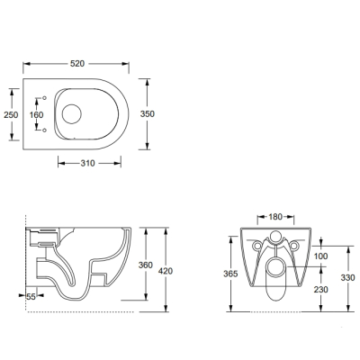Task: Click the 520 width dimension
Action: [x=77, y=64]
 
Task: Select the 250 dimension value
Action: [x=11, y=114]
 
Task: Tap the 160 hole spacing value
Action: [x=36, y=114]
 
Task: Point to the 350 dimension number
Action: [x=148, y=114]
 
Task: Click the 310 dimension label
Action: [x=87, y=163]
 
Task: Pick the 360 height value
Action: [x=146, y=265]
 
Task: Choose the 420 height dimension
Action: [x=166, y=271]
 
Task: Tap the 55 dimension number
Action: [x=31, y=297]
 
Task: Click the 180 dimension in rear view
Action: [x=275, y=217]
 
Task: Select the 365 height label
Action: [x=230, y=274]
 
